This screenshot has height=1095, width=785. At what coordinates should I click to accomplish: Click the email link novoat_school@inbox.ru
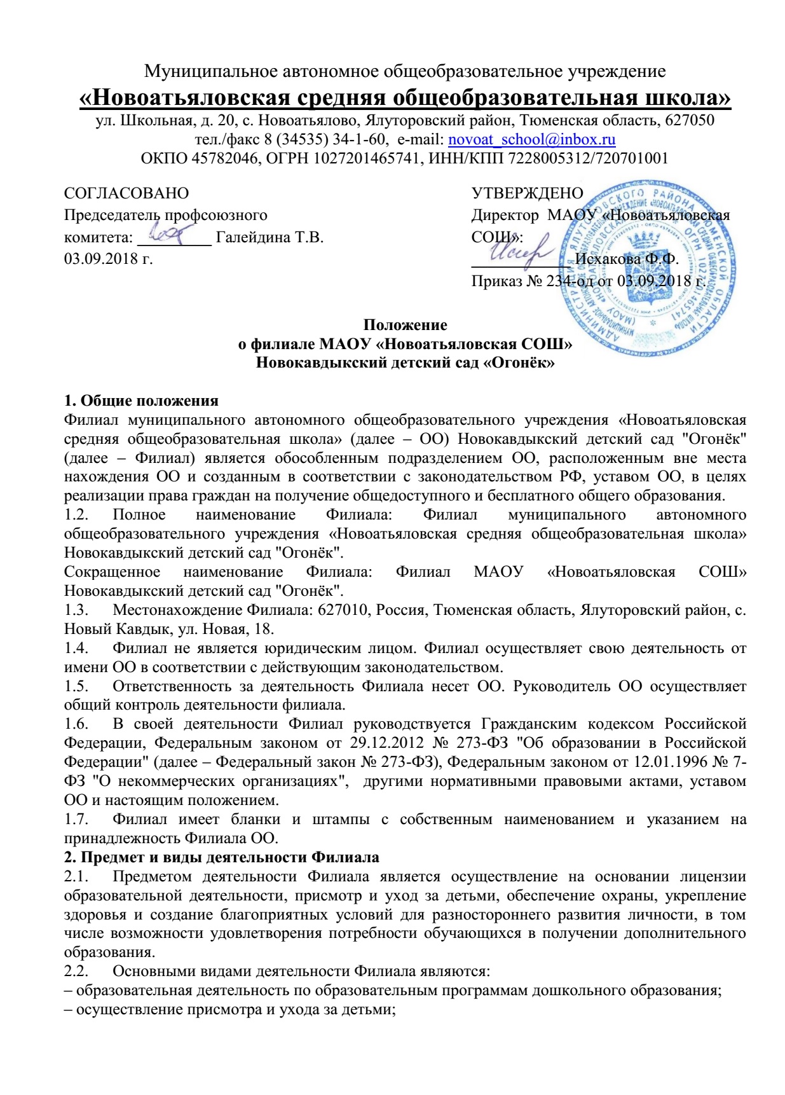tap(531, 140)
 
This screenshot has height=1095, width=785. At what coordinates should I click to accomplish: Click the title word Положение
tap(405, 326)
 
